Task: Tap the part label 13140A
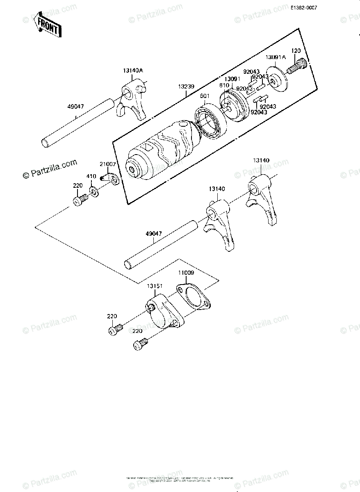[x=133, y=70]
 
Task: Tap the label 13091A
[x=275, y=57]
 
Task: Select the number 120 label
[x=296, y=51]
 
